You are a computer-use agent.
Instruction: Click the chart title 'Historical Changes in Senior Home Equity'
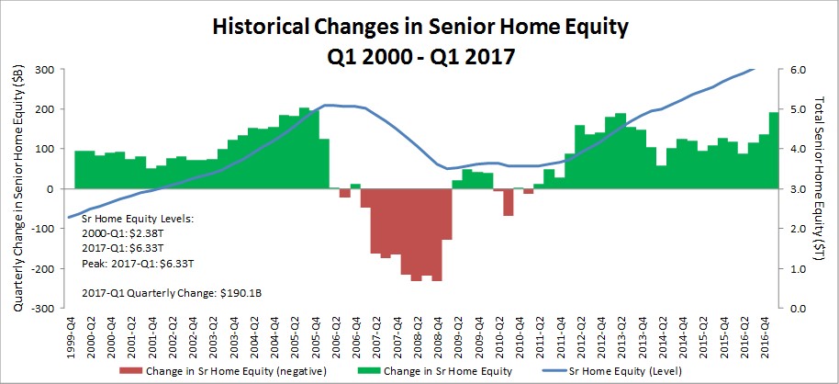(x=419, y=27)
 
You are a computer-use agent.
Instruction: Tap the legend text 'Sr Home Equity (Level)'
(x=618, y=371)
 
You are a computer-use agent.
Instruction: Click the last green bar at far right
(x=774, y=151)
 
